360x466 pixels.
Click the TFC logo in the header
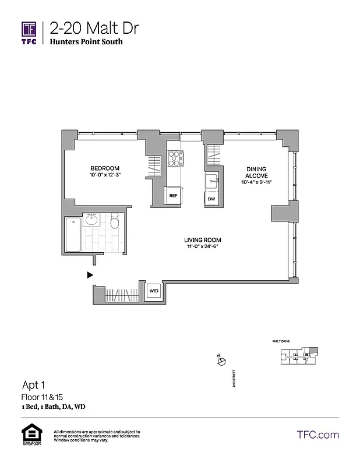(29, 32)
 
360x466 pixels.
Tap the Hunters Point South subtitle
(86, 42)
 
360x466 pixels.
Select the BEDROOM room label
(105, 166)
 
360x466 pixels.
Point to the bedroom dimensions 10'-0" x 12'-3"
(105, 174)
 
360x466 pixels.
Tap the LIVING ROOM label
(203, 240)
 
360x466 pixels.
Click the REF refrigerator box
(173, 196)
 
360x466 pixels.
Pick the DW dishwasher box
(211, 199)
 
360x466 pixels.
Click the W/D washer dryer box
(154, 291)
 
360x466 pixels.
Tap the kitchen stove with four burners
(175, 159)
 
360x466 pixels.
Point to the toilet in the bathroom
(115, 221)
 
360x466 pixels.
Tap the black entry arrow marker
(90, 274)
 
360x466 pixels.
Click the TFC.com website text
(317, 435)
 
